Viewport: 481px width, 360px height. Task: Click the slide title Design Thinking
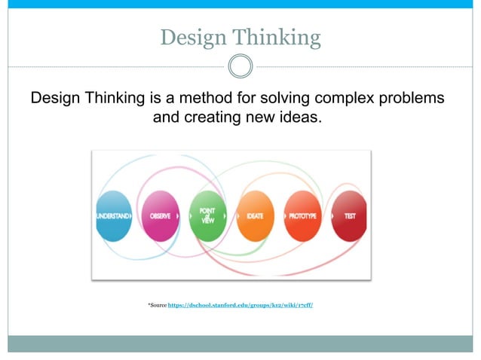(x=240, y=37)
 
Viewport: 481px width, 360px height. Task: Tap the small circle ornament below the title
(x=240, y=66)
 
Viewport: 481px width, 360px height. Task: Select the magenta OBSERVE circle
(x=160, y=215)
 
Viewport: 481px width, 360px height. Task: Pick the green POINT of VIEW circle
(x=207, y=215)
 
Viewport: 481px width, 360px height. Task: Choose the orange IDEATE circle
(x=255, y=215)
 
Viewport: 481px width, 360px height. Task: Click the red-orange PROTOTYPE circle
(x=302, y=215)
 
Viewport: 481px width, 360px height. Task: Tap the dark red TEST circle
(x=349, y=215)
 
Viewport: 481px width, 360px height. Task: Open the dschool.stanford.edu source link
(x=240, y=305)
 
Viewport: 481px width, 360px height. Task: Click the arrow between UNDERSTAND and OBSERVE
(x=135, y=216)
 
